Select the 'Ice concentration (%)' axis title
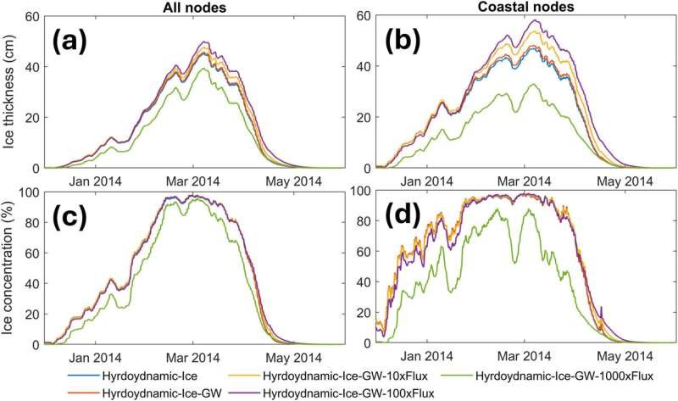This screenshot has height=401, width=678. pos(10,270)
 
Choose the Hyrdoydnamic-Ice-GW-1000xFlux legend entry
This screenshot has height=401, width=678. pos(565,374)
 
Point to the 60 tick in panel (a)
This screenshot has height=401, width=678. pos(32,17)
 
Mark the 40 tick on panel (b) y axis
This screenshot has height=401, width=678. pos(364,67)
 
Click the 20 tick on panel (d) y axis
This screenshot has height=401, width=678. pos(364,315)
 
